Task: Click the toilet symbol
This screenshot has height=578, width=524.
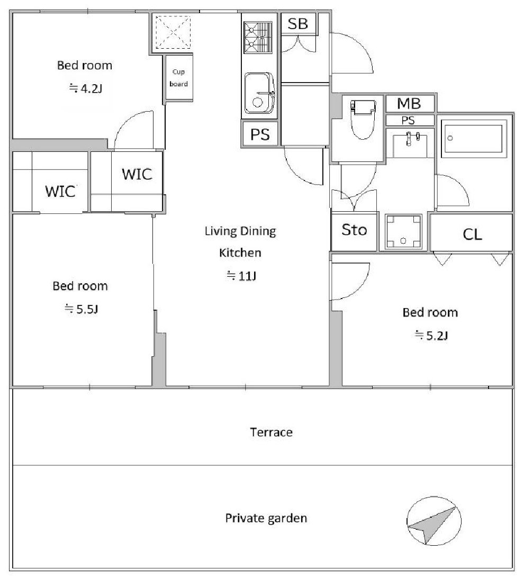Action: pyautogui.click(x=363, y=119)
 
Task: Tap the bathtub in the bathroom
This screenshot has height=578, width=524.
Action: pyautogui.click(x=473, y=138)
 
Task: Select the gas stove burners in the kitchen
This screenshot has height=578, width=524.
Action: pyautogui.click(x=258, y=37)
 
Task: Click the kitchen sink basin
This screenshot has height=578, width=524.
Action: pyautogui.click(x=259, y=93)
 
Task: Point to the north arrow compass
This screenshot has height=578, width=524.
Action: pyautogui.click(x=433, y=520)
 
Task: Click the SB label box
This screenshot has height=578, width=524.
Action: pyautogui.click(x=298, y=24)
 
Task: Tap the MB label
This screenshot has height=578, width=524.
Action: pyautogui.click(x=409, y=104)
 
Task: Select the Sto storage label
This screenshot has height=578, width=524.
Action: pyautogui.click(x=354, y=230)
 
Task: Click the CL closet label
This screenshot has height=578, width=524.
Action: pyautogui.click(x=472, y=234)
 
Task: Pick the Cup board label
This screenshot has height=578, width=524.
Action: pyautogui.click(x=179, y=78)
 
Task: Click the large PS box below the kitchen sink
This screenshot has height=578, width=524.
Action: pyautogui.click(x=260, y=134)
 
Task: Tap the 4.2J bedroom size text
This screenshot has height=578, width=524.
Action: pyautogui.click(x=86, y=88)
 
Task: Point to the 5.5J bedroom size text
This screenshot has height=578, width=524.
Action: pyautogui.click(x=81, y=309)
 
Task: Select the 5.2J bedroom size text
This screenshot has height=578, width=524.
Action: pyautogui.click(x=431, y=336)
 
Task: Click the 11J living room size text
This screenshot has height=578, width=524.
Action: pyautogui.click(x=241, y=275)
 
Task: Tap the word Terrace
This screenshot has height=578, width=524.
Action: pyautogui.click(x=271, y=432)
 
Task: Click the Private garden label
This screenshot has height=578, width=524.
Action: pyautogui.click(x=266, y=518)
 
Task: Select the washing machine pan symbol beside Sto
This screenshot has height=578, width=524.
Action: pyautogui.click(x=403, y=231)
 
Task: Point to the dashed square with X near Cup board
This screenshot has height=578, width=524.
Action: pyautogui.click(x=173, y=32)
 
